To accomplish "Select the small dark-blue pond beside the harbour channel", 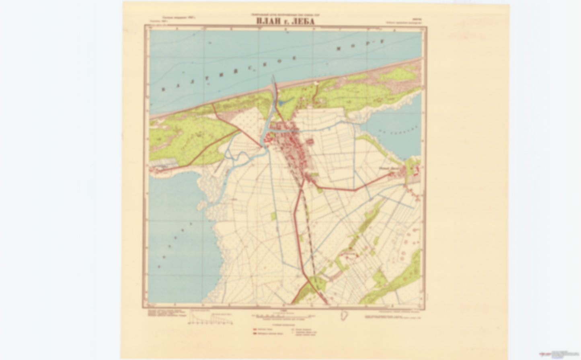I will click(282, 104).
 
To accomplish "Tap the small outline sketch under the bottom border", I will click(344, 315).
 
